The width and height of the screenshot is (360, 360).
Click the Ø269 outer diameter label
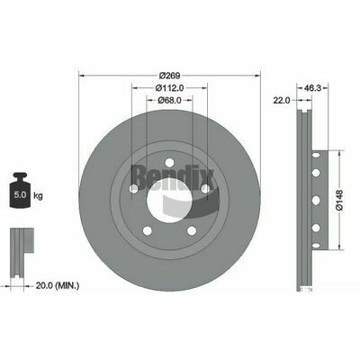point(169,76)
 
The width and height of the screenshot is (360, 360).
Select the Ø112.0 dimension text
point(169,88)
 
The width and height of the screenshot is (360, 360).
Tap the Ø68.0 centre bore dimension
point(169,100)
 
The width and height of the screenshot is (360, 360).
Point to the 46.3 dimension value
point(312,88)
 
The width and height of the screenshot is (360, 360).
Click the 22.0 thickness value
point(282,101)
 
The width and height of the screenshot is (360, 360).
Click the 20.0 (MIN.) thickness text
point(58,285)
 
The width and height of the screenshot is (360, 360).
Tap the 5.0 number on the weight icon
point(20,194)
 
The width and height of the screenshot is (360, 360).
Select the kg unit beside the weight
point(38,196)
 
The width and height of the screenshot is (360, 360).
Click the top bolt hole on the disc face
point(169,162)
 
